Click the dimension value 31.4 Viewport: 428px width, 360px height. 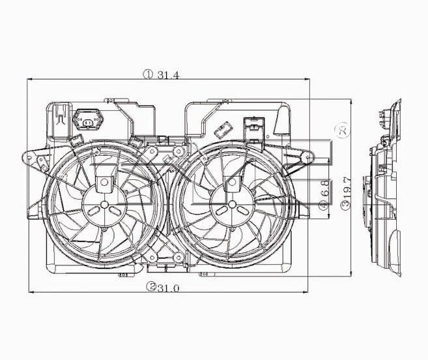(169, 75)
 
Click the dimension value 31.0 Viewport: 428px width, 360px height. (168, 288)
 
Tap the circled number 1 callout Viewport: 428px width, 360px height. (149, 74)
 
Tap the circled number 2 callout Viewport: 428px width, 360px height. (151, 286)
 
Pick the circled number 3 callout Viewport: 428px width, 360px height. (346, 205)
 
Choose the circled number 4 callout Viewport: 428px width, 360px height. (324, 205)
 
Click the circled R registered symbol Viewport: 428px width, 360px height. (343, 130)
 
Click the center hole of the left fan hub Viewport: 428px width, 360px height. (104, 204)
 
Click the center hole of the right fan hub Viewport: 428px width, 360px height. (233, 204)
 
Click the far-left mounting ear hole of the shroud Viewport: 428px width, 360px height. (29, 158)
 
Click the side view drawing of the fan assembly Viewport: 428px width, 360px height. (382, 188)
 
